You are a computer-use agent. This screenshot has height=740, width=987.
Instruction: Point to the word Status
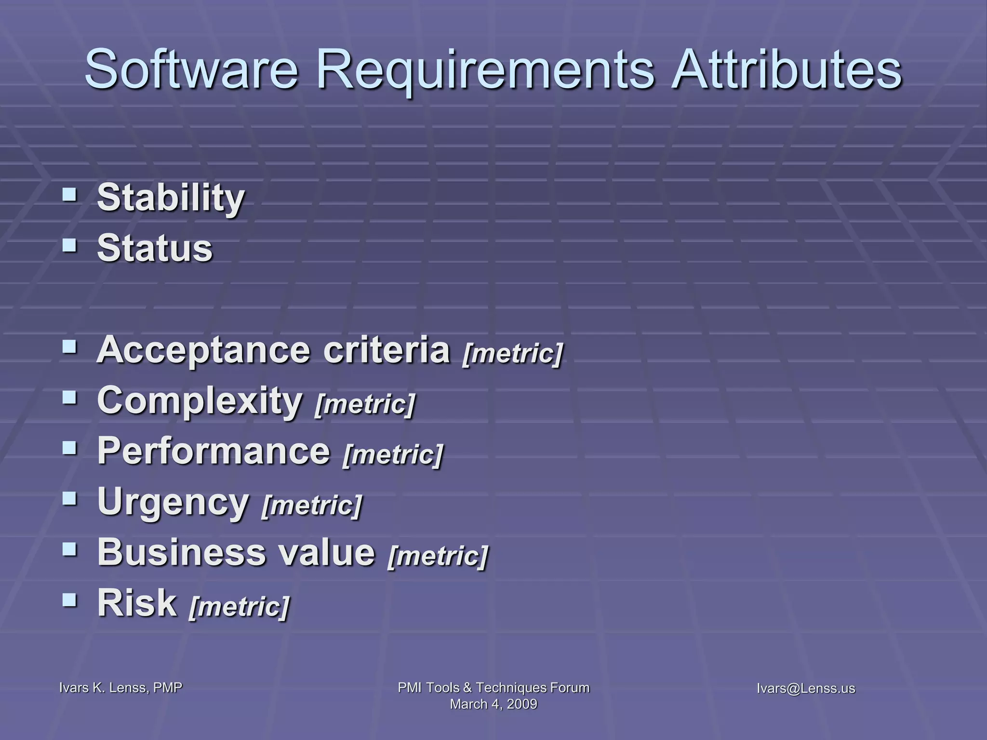point(155,249)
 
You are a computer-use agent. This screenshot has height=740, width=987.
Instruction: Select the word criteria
point(386,350)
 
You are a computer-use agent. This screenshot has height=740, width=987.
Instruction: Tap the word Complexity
point(199,402)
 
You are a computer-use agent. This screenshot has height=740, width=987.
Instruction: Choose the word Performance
point(213,451)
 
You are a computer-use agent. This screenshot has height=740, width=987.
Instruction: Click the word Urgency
point(173,503)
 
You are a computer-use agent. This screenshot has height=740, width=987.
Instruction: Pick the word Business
point(181,552)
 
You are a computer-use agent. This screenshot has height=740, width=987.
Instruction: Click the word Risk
point(137,603)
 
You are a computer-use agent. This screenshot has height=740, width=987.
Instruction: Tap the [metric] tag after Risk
point(240,607)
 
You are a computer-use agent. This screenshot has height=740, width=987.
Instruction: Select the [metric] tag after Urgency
point(311,506)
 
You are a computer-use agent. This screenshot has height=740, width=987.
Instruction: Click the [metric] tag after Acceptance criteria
point(512,354)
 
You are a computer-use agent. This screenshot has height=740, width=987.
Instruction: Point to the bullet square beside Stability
point(69,195)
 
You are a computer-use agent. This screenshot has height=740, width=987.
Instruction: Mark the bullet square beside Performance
point(69,449)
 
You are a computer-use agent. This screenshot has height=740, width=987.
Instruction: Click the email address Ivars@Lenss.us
point(806,688)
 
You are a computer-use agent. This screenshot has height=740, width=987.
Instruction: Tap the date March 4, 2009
point(493,704)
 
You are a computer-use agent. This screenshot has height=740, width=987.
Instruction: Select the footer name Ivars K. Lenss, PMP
point(120,688)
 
